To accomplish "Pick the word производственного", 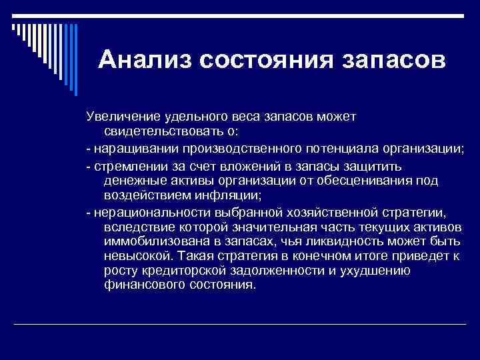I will click(225, 148).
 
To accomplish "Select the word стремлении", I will click(124, 164).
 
